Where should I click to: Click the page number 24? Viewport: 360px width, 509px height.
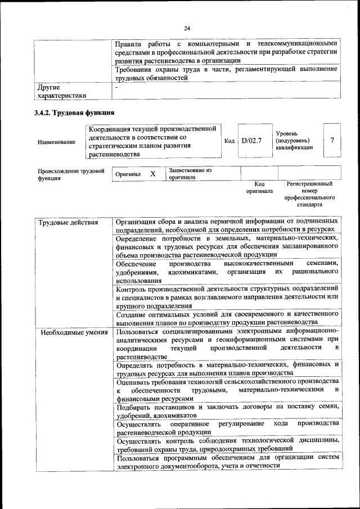(x=187, y=29)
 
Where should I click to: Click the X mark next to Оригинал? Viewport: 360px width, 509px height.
(x=152, y=174)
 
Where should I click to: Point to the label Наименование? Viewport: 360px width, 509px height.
(x=56, y=142)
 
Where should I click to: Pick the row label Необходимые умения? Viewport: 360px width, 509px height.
(x=66, y=332)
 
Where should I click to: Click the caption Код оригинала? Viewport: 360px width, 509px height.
(x=259, y=187)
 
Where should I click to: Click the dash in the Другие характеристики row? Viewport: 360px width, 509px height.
(x=116, y=88)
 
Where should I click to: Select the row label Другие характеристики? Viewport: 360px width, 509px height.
(x=62, y=92)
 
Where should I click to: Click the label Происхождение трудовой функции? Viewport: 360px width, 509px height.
(x=71, y=174)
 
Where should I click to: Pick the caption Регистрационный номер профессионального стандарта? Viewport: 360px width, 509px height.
(x=309, y=194)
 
